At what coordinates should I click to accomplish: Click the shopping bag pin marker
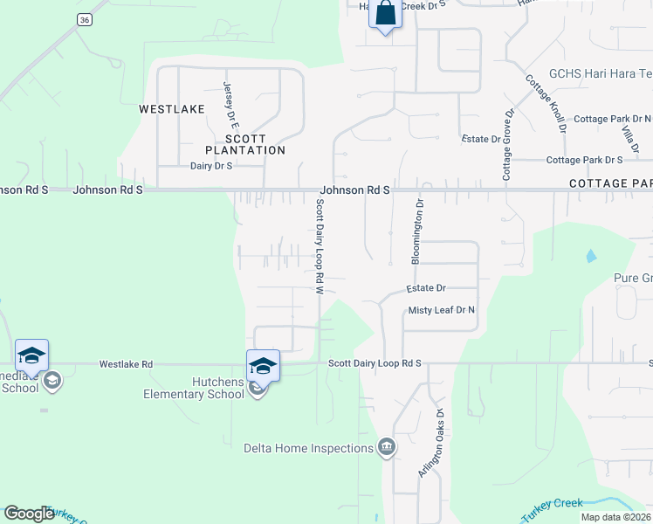(385, 15)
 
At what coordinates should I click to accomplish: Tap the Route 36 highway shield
(84, 19)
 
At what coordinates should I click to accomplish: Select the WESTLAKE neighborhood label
(172, 109)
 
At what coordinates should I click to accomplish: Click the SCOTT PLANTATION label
(255, 144)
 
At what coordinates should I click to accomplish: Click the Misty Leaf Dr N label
(441, 310)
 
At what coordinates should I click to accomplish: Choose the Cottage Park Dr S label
(584, 160)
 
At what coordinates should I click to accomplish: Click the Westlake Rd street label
(126, 364)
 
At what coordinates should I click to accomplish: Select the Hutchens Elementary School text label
(194, 388)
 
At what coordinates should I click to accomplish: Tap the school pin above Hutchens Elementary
(263, 366)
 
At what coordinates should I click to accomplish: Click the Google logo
(29, 514)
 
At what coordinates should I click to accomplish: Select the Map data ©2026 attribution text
(615, 517)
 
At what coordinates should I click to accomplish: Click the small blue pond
(592, 256)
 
